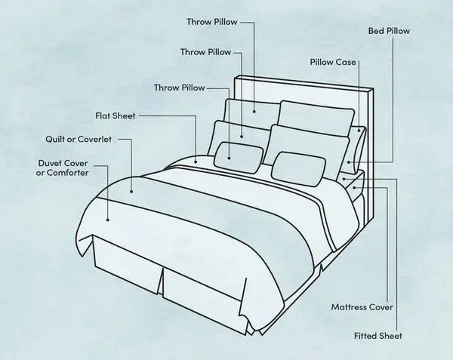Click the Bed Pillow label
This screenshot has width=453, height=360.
(x=389, y=31)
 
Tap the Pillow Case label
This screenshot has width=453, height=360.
(x=333, y=62)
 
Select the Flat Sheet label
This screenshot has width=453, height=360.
(x=116, y=115)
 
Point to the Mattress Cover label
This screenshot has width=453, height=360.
(x=362, y=307)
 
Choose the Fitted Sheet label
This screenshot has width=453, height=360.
(x=378, y=336)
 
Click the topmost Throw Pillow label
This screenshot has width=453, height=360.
(x=211, y=22)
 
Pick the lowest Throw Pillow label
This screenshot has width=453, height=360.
(x=180, y=88)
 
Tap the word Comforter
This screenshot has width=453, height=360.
(x=68, y=173)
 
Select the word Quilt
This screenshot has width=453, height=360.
(x=55, y=140)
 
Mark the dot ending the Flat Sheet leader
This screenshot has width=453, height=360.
(x=196, y=162)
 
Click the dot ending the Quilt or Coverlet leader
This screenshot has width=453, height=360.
(x=131, y=191)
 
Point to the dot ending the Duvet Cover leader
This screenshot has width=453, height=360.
(x=108, y=220)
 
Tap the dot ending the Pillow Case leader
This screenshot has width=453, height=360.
(x=359, y=131)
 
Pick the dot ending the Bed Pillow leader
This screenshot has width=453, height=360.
(x=350, y=162)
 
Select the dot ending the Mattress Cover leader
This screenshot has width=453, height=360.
(x=354, y=188)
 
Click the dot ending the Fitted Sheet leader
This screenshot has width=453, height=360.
(x=344, y=179)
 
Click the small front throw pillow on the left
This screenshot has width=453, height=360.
(x=239, y=158)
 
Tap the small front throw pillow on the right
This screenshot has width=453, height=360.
(x=298, y=169)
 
